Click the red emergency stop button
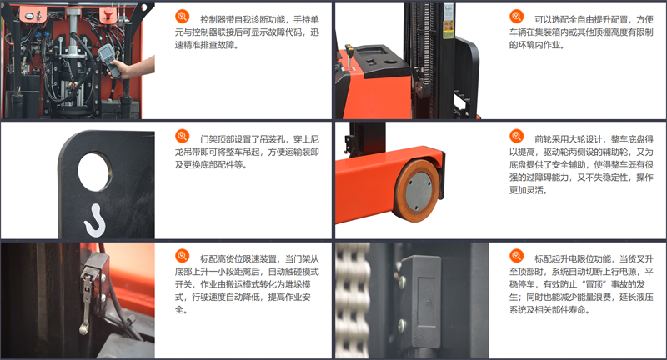tap(108, 15)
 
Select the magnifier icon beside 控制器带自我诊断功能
tap(182, 17)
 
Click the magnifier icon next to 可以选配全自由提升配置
tap(516, 17)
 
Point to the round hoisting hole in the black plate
tap(94, 172)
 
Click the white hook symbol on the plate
tap(95, 220)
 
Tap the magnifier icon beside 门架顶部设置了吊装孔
tap(182, 137)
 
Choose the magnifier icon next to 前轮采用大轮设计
tap(516, 137)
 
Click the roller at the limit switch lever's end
tap(83, 329)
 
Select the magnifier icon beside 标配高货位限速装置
tap(182, 256)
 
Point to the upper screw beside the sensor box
tap(401, 281)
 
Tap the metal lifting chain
tap(353, 300)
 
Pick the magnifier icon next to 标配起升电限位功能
tap(516, 256)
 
